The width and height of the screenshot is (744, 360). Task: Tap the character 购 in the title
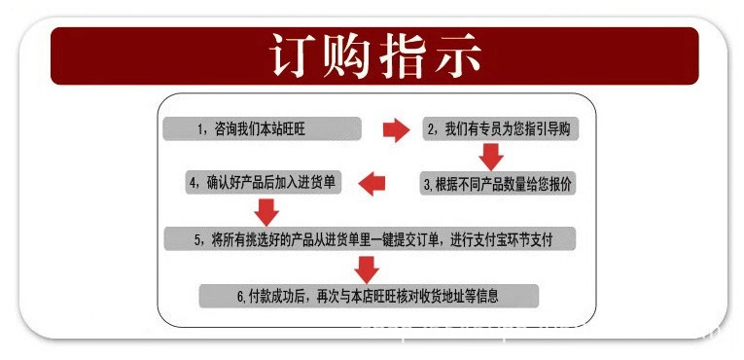(x=348, y=56)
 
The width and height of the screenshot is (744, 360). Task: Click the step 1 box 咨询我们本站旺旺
(x=263, y=129)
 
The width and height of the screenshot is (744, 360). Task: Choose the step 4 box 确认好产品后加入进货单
(x=264, y=182)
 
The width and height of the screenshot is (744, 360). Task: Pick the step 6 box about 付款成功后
(x=369, y=295)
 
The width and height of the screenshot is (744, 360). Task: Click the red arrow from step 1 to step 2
(x=396, y=130)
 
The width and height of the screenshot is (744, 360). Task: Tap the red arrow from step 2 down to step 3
(x=491, y=156)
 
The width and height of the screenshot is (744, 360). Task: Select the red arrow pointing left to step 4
(x=373, y=182)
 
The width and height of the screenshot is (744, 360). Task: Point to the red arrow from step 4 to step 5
(x=266, y=210)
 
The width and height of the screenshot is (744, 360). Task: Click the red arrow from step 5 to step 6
(x=367, y=268)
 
